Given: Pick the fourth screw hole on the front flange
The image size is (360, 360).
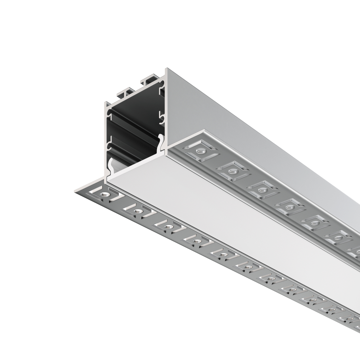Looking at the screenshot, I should (x=196, y=240).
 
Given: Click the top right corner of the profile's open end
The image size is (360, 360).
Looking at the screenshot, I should (x=166, y=69).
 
